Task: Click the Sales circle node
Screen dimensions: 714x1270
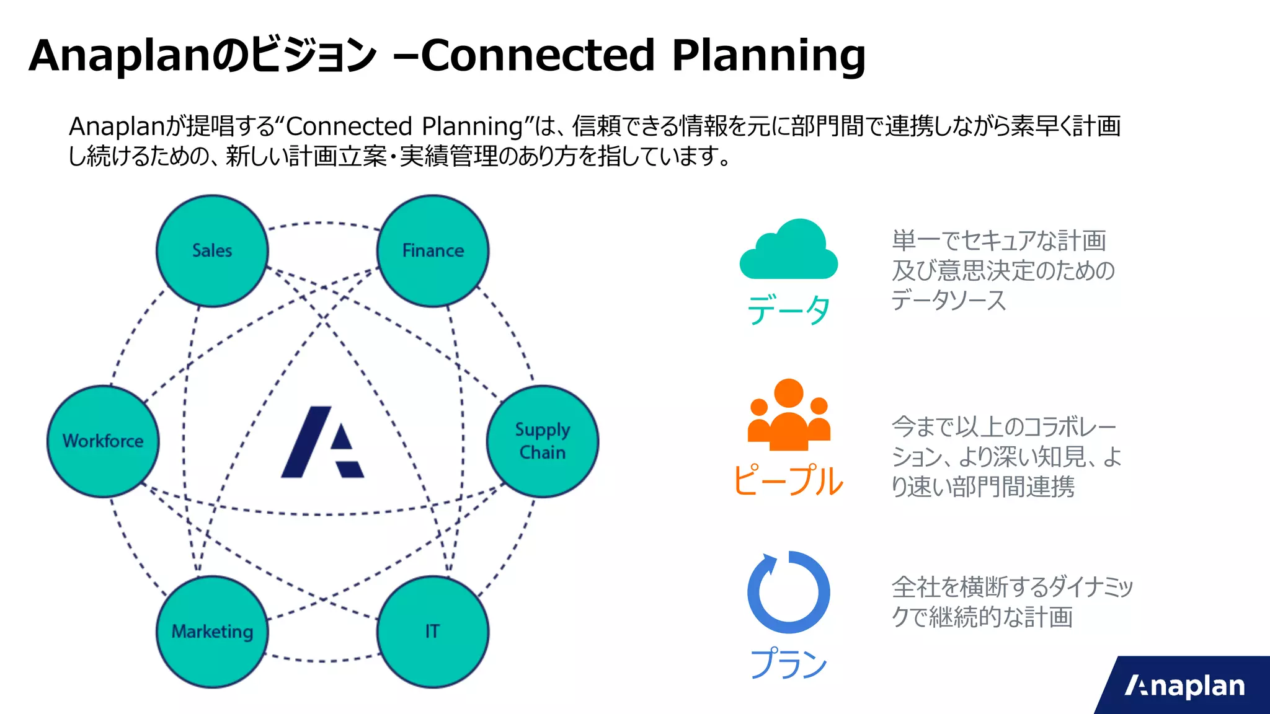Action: (212, 250)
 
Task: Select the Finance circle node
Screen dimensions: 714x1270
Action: (433, 250)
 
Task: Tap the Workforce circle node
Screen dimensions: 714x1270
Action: (103, 441)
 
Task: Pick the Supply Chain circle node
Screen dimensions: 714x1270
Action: (543, 441)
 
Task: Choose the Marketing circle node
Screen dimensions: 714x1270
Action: (212, 631)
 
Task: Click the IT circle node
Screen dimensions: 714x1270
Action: (433, 631)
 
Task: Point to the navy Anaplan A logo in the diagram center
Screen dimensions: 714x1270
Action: (322, 442)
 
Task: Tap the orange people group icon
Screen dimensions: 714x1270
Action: (789, 415)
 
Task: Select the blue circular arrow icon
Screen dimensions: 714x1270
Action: (789, 592)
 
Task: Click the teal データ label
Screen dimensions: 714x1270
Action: (789, 310)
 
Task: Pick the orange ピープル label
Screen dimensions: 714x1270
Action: (789, 480)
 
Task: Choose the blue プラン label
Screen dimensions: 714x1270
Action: (789, 663)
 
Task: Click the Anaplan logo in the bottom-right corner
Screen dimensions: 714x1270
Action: (1184, 686)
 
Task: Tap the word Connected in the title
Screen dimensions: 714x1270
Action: (538, 56)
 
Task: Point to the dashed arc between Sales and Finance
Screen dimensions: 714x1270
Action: (322, 223)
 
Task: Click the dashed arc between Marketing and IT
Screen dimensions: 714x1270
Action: (322, 660)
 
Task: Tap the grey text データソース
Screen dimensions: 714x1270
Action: (949, 301)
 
